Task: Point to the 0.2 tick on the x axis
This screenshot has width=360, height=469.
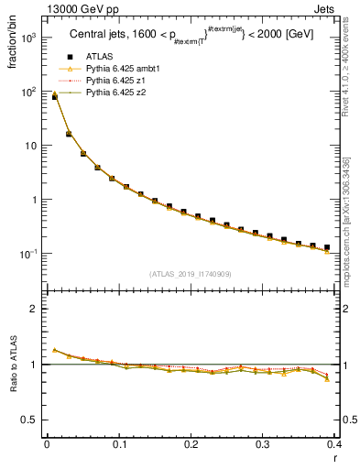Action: coord(191,444)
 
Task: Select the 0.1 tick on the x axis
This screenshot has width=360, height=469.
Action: coord(119,444)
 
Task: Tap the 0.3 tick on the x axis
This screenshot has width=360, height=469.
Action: coord(263,444)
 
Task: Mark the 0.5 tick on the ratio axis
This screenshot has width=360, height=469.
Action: coord(31,420)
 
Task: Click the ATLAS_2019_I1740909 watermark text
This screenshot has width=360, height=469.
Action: coord(190,273)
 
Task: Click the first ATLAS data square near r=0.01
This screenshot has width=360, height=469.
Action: coord(54,96)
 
